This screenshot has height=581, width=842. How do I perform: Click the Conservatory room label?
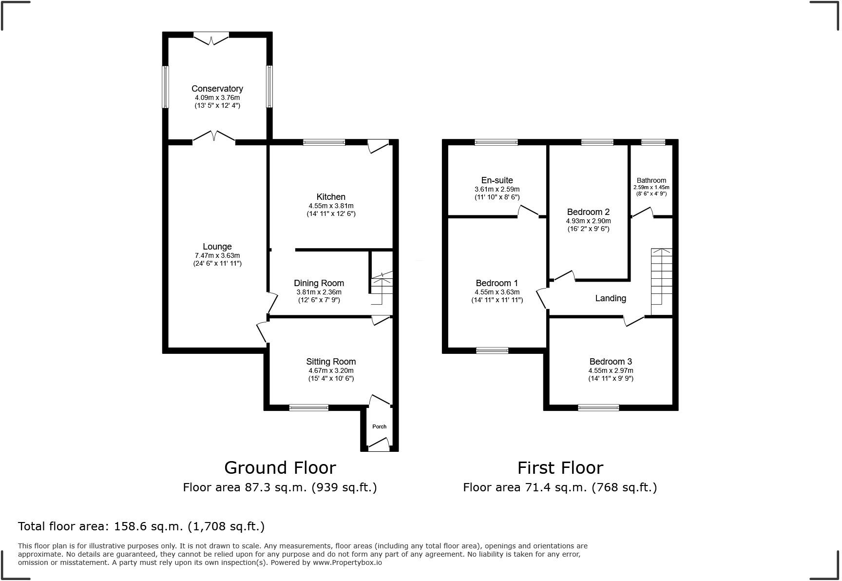pos(217,89)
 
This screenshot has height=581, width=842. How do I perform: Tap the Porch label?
pos(379,426)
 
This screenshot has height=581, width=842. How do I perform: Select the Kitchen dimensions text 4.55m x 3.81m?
pos(331,206)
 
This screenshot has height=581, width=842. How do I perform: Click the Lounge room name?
pos(217,247)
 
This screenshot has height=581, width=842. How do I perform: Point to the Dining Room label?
pos(319,283)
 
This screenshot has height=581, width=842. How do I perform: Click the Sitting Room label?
pos(331,362)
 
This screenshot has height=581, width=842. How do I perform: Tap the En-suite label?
pos(497,180)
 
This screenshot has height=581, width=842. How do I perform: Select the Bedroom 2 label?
pos(588,212)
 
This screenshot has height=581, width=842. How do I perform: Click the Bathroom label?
pos(651,180)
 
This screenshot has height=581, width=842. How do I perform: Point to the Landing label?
pos(611,298)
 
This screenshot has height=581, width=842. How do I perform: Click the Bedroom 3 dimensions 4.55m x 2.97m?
pos(611,370)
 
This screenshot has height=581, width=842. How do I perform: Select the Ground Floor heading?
pos(280,468)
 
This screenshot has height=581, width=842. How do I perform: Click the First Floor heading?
pos(560,468)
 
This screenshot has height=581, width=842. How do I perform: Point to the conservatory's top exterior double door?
pos(211,38)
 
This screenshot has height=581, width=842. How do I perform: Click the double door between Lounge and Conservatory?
pos(214,138)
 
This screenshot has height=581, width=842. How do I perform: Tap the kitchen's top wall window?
pos(324,142)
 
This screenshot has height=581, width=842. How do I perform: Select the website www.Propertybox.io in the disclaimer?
pos(347,562)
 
